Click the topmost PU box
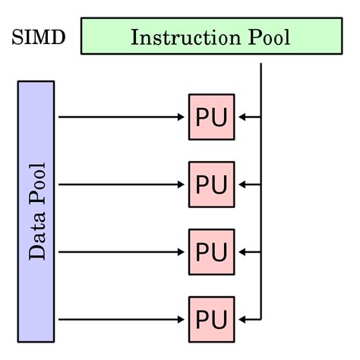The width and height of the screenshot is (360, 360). (x=211, y=117)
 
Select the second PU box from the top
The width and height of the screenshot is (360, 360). (x=211, y=185)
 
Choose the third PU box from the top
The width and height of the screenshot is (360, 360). (x=211, y=251)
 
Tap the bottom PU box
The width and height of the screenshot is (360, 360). (x=211, y=318)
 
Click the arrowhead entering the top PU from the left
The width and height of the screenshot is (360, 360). (x=183, y=117)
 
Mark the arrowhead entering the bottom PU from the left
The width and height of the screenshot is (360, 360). (x=183, y=318)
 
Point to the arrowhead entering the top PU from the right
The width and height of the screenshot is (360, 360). (x=241, y=117)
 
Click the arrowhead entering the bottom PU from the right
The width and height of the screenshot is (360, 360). (x=241, y=318)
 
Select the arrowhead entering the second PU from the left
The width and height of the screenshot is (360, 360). (x=183, y=185)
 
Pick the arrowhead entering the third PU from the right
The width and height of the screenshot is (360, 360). (x=241, y=251)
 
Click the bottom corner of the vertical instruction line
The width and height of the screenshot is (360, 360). (x=261, y=318)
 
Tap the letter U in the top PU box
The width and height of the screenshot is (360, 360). (x=220, y=117)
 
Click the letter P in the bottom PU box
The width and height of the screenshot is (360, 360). (x=203, y=318)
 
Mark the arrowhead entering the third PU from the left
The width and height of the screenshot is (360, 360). (x=183, y=251)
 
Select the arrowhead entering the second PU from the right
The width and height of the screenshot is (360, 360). (x=241, y=185)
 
